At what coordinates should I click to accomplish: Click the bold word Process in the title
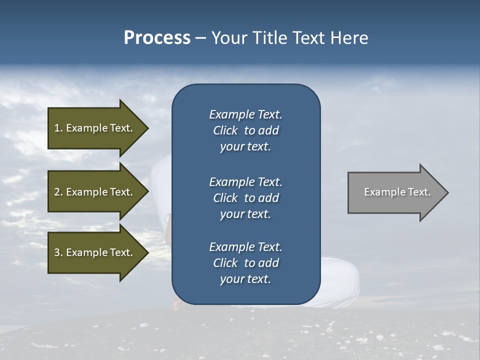click(x=157, y=38)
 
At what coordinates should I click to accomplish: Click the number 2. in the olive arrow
click(x=58, y=192)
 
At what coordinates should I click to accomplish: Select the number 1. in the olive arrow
click(x=58, y=128)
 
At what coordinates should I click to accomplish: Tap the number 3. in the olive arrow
click(x=58, y=252)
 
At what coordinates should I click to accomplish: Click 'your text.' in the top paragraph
click(x=245, y=147)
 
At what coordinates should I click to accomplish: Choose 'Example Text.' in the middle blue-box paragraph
click(x=245, y=182)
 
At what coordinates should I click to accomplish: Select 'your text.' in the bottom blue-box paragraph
click(x=245, y=279)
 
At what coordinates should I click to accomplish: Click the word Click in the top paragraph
click(x=225, y=131)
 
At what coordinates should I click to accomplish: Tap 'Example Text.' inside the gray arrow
click(x=397, y=192)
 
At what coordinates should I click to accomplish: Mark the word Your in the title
click(x=228, y=38)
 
